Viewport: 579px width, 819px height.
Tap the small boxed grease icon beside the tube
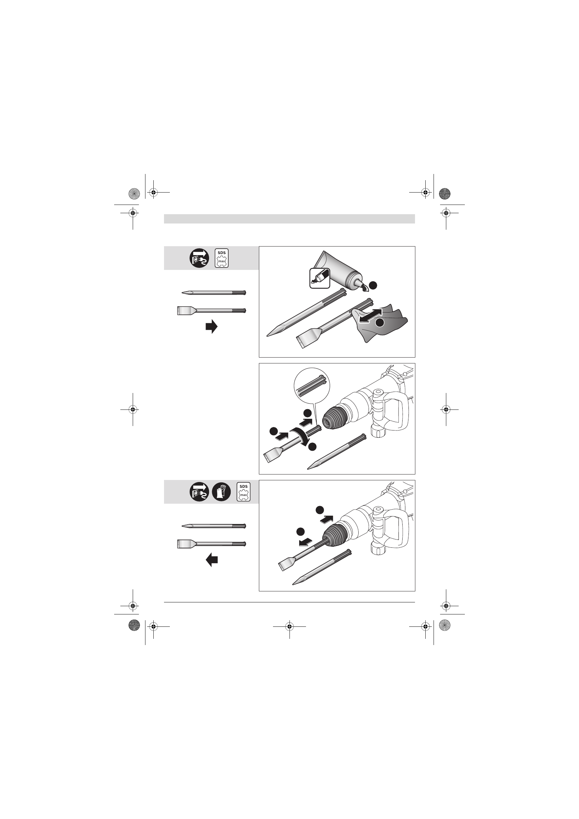point(319,278)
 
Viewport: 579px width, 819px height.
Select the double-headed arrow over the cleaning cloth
point(371,316)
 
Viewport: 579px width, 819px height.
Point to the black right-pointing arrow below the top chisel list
point(211,326)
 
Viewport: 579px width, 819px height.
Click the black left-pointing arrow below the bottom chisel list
point(211,560)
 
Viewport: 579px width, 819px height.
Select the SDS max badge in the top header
point(221,258)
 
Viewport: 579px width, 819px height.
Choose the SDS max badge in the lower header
point(244,492)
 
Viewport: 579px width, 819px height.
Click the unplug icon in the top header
point(199,258)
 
